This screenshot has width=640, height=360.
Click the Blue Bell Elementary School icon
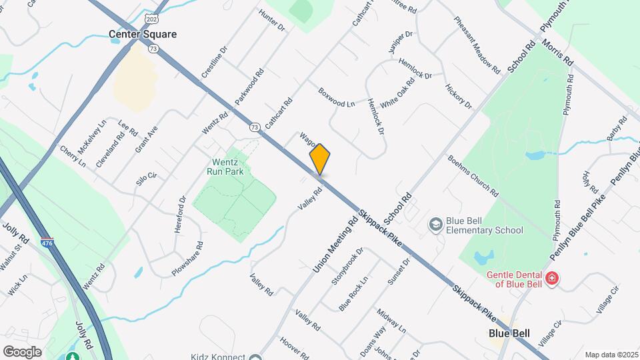point(436,225)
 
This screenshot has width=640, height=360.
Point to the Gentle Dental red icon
point(551,278)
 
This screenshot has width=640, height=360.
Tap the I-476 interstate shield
point(47,243)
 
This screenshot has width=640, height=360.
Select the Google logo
point(22,351)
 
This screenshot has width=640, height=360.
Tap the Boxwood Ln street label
point(337,97)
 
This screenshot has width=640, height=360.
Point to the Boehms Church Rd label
point(473,176)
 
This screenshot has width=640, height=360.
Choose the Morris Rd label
point(557,50)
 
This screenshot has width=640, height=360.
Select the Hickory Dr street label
point(459,97)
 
